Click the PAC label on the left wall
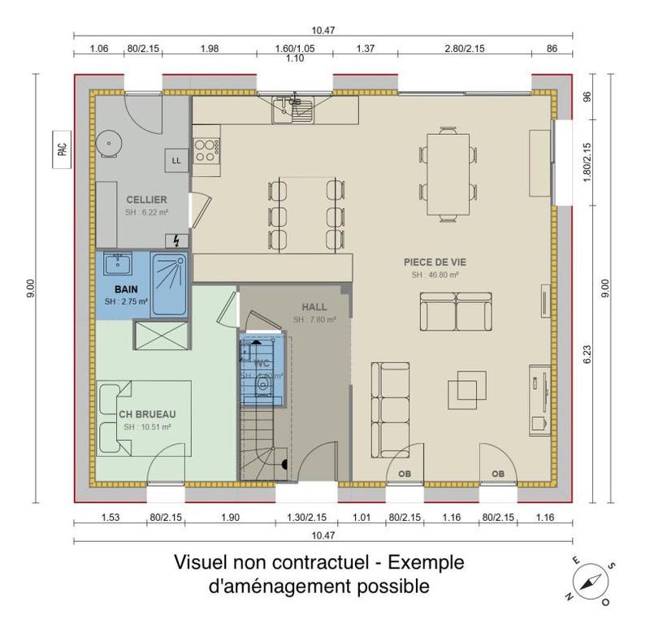(62, 149)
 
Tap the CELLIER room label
(146, 199)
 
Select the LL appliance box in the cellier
(176, 161)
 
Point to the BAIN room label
(125, 289)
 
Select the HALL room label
(314, 307)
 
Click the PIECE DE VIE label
(435, 262)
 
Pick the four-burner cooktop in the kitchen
(205, 148)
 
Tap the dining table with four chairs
(446, 172)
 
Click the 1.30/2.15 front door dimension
(307, 517)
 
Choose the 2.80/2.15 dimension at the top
(465, 48)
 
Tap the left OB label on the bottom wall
(404, 474)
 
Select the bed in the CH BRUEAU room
(145, 418)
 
